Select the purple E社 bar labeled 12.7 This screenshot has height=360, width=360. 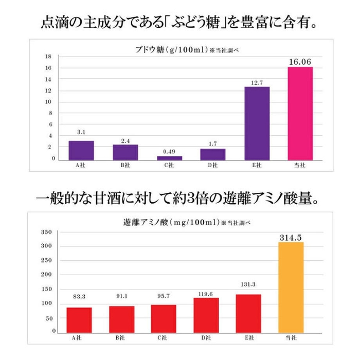257,123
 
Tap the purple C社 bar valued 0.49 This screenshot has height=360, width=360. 169,158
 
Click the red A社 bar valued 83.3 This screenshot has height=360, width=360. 79,319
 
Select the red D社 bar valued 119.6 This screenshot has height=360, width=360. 206,315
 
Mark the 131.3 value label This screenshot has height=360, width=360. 248,284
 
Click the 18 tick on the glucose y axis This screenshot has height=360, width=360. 48,57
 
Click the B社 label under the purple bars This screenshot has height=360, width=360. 125,166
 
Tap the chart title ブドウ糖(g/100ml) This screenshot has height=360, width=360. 168,49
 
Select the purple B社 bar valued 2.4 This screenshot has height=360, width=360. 125,152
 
